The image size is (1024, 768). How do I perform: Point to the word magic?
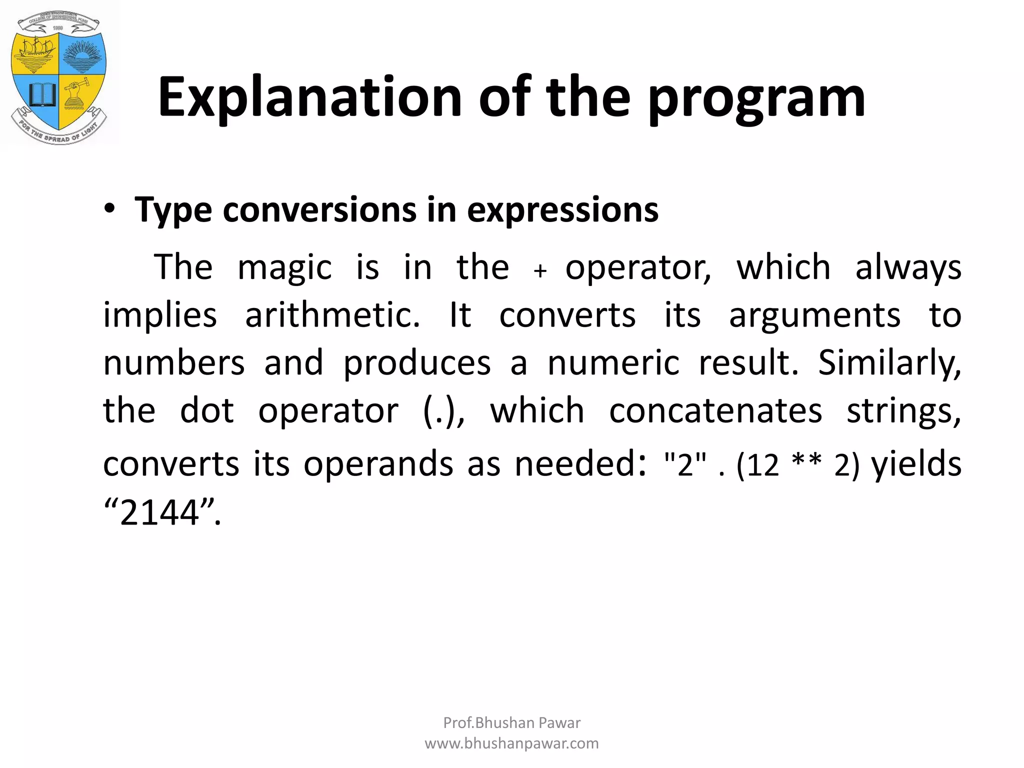[x=284, y=267]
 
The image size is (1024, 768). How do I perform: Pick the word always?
[x=908, y=268]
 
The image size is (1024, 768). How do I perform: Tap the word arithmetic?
[x=332, y=315]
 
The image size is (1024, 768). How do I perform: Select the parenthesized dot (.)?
[x=443, y=411]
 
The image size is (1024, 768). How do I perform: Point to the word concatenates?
[x=715, y=410]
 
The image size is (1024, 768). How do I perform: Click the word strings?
[x=903, y=411]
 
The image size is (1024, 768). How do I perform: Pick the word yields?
[x=916, y=463]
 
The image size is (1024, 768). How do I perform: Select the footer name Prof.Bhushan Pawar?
[x=511, y=722]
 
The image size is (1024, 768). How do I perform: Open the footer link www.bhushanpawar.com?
[x=511, y=743]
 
